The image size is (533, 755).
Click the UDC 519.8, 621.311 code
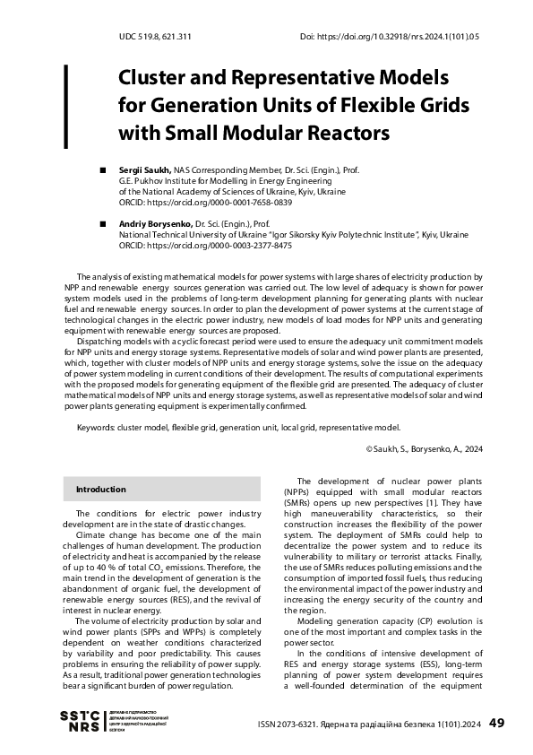coord(154,37)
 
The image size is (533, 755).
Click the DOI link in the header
coord(390,37)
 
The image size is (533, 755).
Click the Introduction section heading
coord(100,490)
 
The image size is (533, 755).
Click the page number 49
coord(498,723)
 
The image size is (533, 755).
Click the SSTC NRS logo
coord(79,721)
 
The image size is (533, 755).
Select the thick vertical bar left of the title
coord(65,106)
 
